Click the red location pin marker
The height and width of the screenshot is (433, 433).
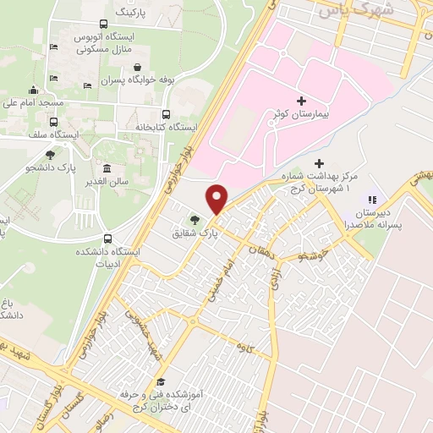[217, 199]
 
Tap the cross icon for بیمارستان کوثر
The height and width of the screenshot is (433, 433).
[302, 101]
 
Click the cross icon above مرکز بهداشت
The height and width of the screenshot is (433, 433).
[319, 163]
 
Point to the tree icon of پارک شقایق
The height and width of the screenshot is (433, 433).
[195, 220]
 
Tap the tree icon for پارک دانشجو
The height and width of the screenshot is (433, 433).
[50, 155]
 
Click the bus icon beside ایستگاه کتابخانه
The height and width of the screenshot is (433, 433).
[166, 114]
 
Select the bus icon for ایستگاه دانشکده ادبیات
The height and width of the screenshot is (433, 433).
[107, 239]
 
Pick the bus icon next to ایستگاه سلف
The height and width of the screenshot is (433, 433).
[53, 123]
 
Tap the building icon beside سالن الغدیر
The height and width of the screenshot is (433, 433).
[107, 168]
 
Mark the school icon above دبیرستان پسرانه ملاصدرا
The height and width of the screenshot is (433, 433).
[370, 200]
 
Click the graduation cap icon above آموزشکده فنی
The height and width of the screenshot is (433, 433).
[161, 382]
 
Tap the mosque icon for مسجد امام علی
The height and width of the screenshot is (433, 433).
[33, 90]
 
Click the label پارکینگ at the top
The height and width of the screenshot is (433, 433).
[135, 14]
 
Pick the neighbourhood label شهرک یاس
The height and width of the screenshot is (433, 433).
[343, 12]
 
